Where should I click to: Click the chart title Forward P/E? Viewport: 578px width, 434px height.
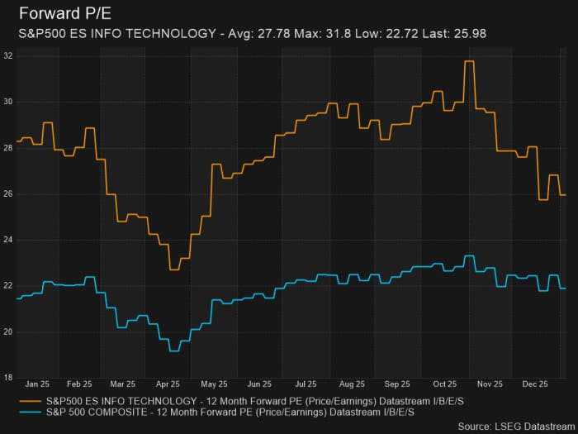tap(62, 14)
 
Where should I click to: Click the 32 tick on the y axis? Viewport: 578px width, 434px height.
tap(7, 55)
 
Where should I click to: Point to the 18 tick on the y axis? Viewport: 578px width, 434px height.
tap(7, 378)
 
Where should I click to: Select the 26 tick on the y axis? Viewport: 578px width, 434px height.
tap(7, 193)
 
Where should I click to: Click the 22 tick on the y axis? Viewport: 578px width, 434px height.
tap(7, 286)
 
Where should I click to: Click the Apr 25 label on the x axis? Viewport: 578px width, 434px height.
tap(168, 384)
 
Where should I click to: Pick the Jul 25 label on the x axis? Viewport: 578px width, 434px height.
tap(306, 384)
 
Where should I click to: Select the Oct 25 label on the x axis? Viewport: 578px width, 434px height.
tap(444, 384)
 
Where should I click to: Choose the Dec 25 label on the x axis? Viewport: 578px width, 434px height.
tap(535, 384)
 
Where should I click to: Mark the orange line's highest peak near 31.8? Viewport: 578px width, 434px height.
tap(469, 61)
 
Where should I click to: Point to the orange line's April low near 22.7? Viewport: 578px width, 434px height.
tap(174, 269)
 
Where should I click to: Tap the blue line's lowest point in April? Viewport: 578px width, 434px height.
tap(174, 351)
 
